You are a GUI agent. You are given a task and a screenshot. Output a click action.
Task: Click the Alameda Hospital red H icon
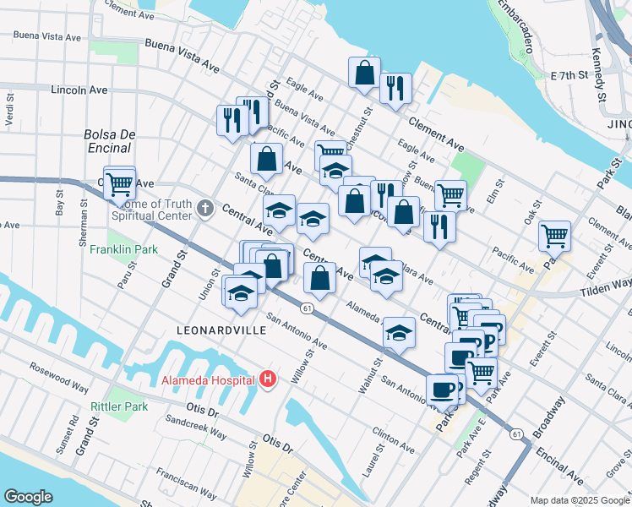(268, 379)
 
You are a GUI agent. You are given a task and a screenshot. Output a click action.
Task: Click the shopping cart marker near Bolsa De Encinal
(120, 182)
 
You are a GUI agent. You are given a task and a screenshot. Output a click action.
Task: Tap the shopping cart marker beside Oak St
(554, 236)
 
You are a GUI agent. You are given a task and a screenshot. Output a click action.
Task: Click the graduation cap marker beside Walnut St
(399, 333)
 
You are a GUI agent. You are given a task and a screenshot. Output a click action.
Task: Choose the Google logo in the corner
(28, 497)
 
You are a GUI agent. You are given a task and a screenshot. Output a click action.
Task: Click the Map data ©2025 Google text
(579, 500)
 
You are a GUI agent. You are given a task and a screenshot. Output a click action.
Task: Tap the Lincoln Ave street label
(79, 90)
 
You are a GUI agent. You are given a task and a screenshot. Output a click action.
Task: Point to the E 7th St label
(568, 75)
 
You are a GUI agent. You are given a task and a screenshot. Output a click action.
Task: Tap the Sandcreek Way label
(195, 425)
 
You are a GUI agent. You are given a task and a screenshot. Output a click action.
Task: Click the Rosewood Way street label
(59, 378)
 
